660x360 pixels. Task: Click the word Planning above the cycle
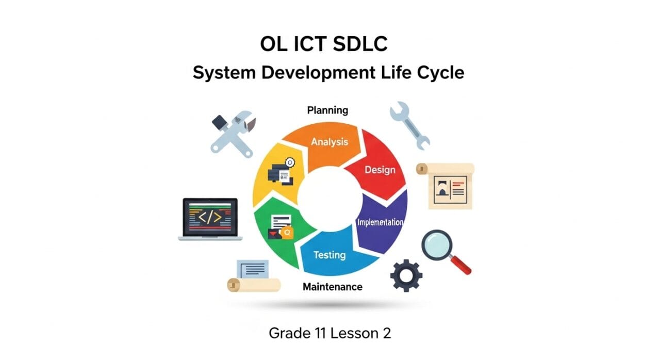pyautogui.click(x=327, y=110)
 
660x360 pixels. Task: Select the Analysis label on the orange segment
pyautogui.click(x=329, y=141)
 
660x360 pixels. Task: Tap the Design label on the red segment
pyautogui.click(x=379, y=169)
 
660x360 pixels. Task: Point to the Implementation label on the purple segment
pyautogui.click(x=381, y=222)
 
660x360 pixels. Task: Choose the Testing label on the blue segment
pyautogui.click(x=329, y=255)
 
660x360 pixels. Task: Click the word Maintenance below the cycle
pyautogui.click(x=333, y=286)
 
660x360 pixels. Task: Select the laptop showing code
pyautogui.click(x=210, y=219)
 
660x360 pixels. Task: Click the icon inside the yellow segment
pyautogui.click(x=281, y=172)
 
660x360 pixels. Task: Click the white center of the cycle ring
pyautogui.click(x=328, y=199)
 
